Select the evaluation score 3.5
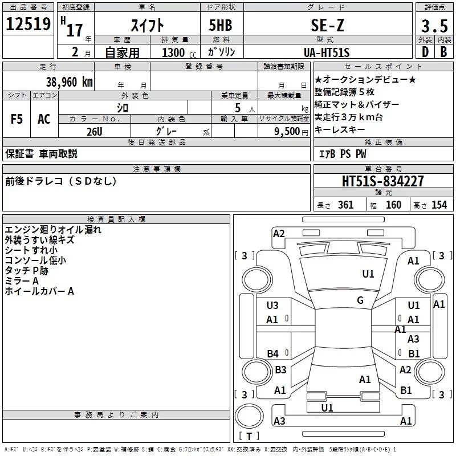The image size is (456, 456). click(433, 26)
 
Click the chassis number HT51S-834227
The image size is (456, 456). click(382, 181)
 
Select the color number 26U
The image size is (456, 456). click(94, 131)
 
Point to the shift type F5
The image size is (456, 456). click(17, 119)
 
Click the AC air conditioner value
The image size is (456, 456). click(44, 119)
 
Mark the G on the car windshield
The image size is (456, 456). click(360, 300)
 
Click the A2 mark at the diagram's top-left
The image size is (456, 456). click(279, 233)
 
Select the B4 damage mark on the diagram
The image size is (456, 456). click(273, 353)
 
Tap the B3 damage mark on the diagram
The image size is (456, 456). click(280, 370)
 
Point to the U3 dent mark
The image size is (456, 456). click(272, 306)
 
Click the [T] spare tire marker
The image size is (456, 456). click(249, 437)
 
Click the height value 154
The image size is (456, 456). click(439, 205)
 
